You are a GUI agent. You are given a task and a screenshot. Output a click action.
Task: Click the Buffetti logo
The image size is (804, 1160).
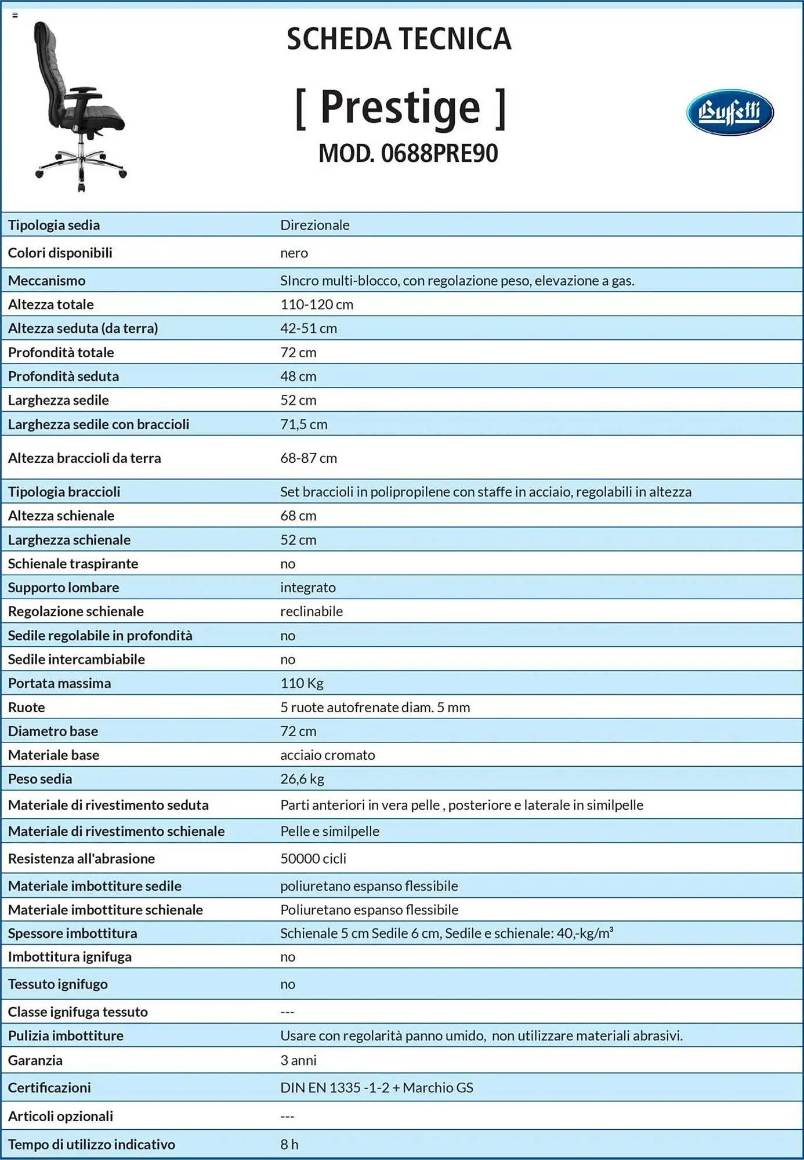[x=730, y=112]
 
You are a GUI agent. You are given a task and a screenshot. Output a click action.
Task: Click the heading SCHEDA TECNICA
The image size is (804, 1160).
[x=399, y=39]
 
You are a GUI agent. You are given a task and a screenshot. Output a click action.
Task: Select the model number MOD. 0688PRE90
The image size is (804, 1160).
[x=408, y=154]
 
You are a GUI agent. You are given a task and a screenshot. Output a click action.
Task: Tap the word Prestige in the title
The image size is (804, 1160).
[x=400, y=107]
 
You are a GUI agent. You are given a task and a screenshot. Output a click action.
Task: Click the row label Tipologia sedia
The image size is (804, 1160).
[x=54, y=225]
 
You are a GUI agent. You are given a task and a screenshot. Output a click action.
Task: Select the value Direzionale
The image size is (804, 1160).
[x=314, y=225]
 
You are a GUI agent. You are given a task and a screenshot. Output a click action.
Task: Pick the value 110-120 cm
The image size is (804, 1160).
[x=317, y=304]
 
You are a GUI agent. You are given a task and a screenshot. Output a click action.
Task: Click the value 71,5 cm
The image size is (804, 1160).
[x=303, y=425]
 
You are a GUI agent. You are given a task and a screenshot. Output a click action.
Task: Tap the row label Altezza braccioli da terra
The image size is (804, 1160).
[x=84, y=458]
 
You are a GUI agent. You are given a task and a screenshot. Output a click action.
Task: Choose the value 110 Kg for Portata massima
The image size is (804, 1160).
[x=302, y=683]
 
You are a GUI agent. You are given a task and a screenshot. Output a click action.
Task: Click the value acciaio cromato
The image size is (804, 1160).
[x=327, y=755]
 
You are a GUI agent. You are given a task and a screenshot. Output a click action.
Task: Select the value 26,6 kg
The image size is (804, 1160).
[x=302, y=779]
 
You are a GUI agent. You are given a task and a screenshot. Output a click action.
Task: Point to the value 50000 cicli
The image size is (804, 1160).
[x=313, y=859]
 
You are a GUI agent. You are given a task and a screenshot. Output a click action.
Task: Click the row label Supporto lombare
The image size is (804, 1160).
[x=63, y=588]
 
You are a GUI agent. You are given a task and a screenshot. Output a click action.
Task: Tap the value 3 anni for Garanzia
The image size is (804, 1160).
[x=298, y=1061]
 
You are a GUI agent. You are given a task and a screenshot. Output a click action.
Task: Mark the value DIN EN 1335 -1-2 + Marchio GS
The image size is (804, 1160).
[x=376, y=1088]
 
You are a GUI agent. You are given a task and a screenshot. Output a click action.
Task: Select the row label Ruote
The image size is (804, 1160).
[x=26, y=708]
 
